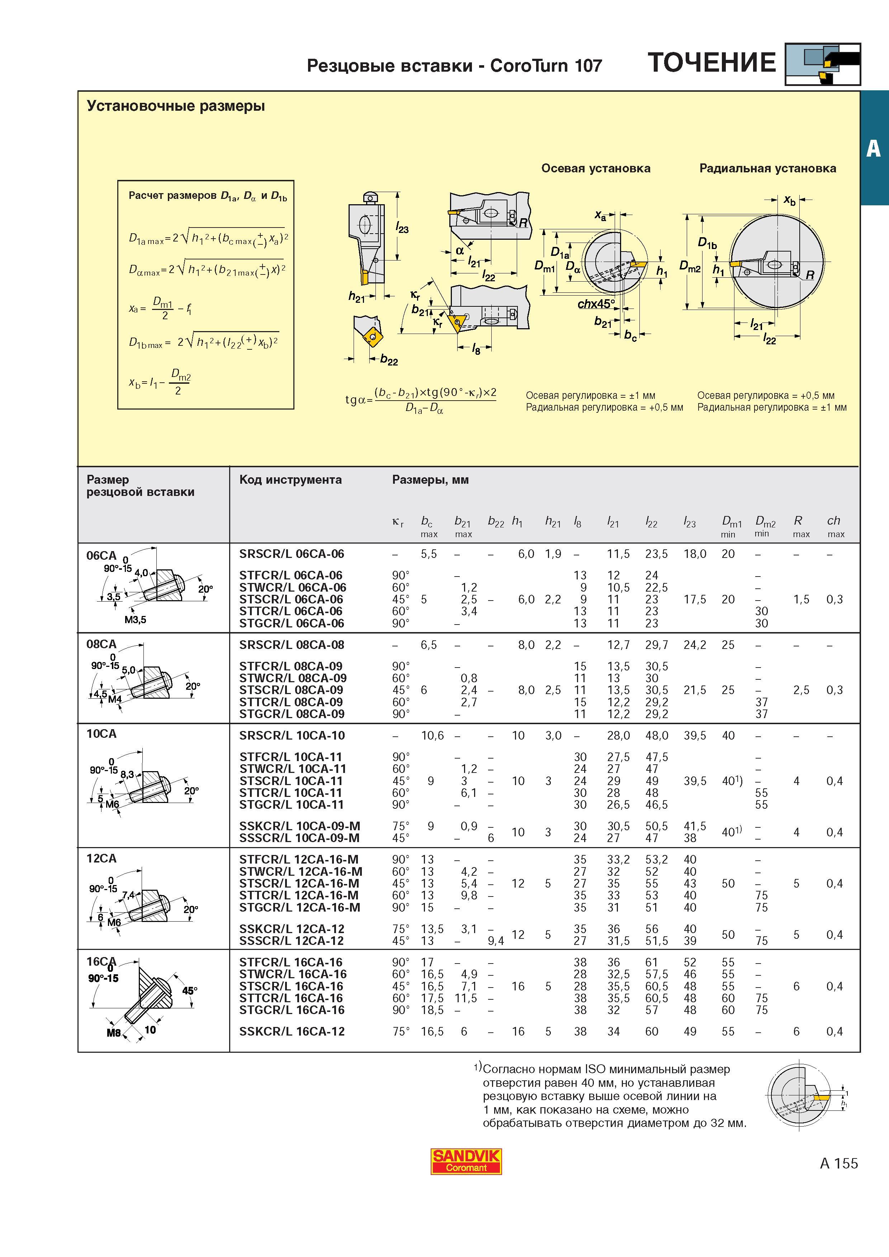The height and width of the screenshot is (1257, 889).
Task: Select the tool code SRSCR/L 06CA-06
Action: coord(292,554)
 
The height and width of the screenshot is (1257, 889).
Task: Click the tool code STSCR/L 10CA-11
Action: coord(291,781)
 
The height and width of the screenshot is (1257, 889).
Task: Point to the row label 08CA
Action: coord(101,644)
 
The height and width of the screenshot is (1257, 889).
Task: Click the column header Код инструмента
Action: coord(290,479)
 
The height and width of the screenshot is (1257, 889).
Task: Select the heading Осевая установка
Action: coord(596,168)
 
